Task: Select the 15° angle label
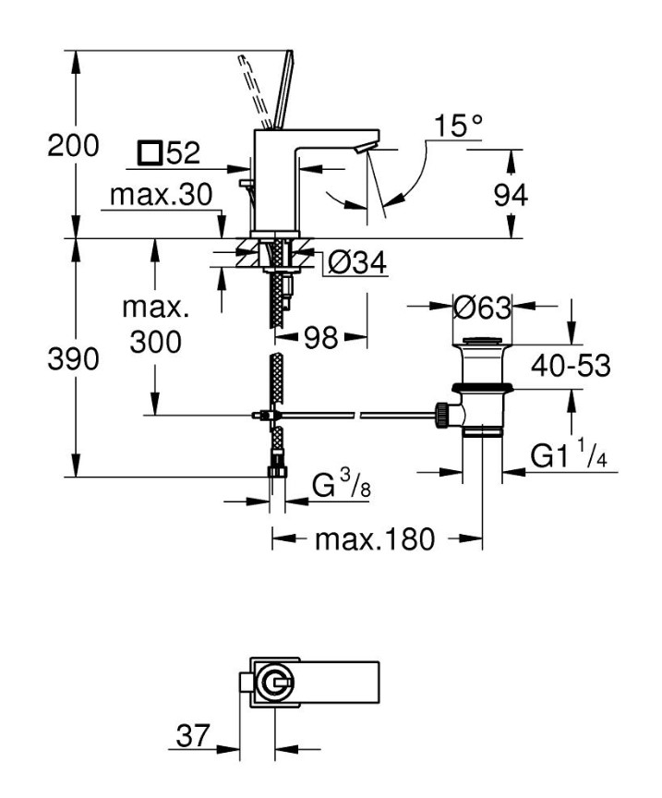pos(458,127)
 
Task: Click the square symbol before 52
pos(148,152)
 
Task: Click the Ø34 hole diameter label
pos(356,264)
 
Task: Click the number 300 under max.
pos(155,343)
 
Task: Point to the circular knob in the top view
pos(274,684)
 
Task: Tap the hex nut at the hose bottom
pos(274,472)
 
